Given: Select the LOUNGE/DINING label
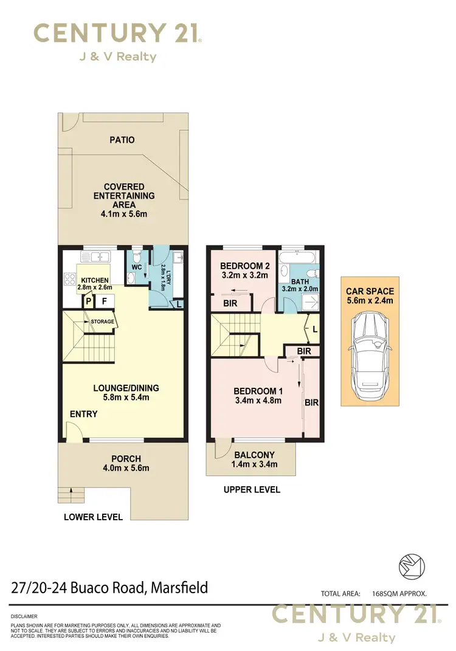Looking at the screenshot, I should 122,388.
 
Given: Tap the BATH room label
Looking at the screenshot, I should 299,281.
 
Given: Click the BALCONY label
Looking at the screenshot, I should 255,455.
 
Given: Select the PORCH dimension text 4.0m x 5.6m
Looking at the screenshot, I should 126,468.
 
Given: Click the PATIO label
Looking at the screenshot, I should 122,140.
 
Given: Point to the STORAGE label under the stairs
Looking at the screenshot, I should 103,322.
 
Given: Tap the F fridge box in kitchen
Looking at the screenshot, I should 104,300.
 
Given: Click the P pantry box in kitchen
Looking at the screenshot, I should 88,300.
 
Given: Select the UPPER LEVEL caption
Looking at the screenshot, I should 252,489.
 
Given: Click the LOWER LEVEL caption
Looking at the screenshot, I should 93,517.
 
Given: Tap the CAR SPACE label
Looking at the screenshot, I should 370,291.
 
